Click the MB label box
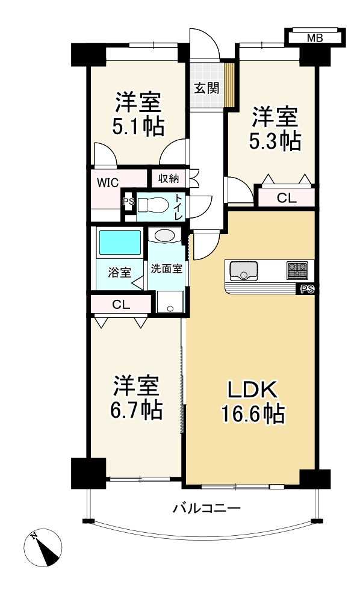pos(314,38)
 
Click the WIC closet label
pos(108,181)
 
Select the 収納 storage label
pos(169,178)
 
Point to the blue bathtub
pos(120,243)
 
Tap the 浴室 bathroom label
pos(120,272)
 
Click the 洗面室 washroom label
pos(167,269)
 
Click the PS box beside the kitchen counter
pos(307,290)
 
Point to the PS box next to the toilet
pos(128,202)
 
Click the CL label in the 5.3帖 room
pos(286,197)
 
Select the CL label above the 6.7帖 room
pos(120,304)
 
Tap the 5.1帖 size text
pos(138,127)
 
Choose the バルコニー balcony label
pos(206,508)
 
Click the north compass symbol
pos(43,547)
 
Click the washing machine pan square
pos(170,302)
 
